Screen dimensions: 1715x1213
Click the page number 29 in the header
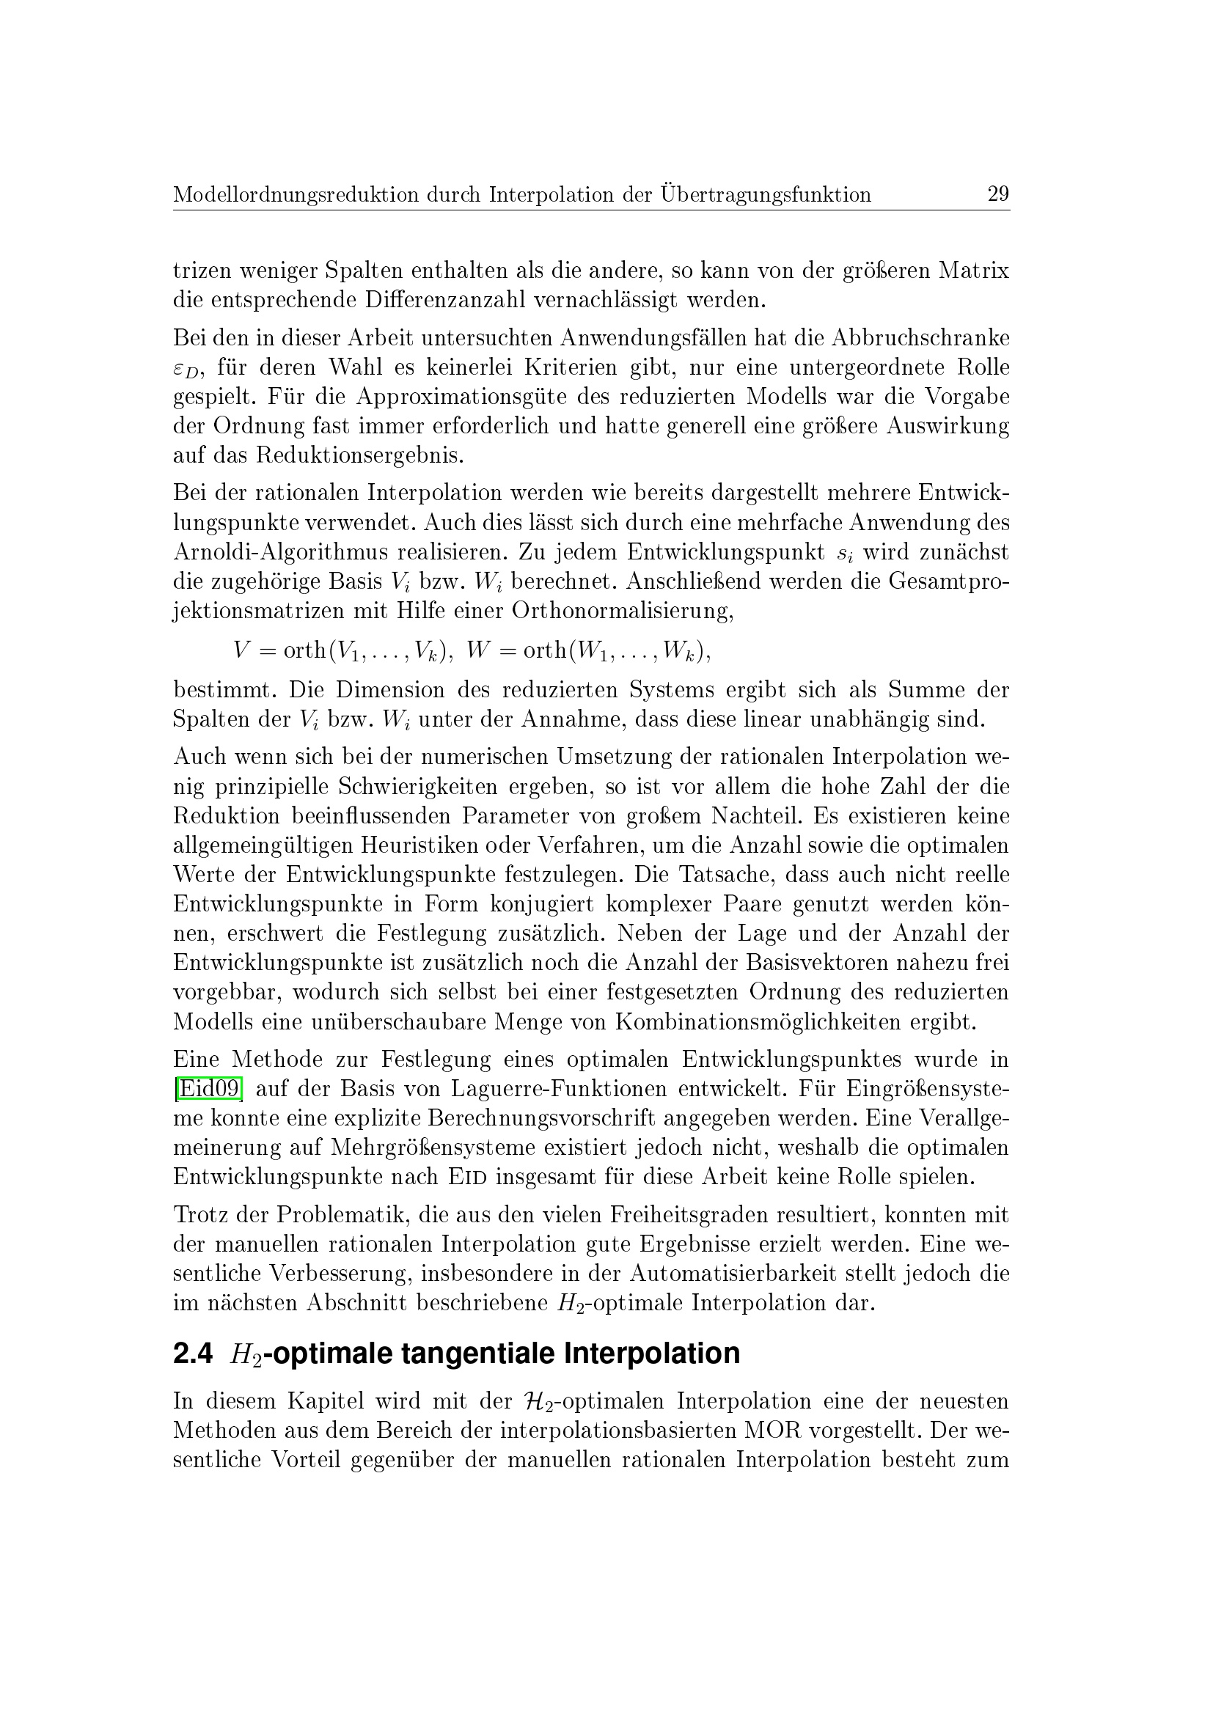click(998, 194)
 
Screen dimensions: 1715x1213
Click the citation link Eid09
click(208, 1088)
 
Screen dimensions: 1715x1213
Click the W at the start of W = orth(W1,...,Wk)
click(477, 650)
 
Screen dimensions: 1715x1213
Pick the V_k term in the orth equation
click(427, 652)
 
